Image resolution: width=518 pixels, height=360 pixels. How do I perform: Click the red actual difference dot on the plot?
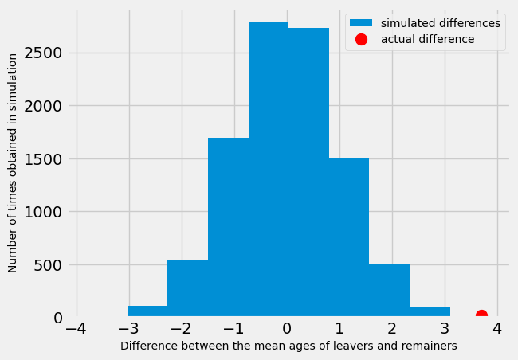(481, 316)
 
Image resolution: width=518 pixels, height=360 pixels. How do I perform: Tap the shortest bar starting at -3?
(147, 311)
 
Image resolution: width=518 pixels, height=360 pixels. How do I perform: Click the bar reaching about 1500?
(349, 239)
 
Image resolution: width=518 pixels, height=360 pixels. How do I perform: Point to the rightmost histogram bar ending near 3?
(430, 311)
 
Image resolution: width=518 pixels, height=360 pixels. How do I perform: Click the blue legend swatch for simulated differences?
(362, 23)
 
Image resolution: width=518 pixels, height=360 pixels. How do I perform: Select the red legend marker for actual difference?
(362, 39)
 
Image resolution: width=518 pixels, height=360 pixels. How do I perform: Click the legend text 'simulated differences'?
(441, 23)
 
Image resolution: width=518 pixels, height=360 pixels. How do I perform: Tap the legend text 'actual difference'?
(427, 39)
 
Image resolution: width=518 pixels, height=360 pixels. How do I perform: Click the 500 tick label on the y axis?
(48, 265)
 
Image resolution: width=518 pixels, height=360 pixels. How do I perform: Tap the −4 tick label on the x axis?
(77, 329)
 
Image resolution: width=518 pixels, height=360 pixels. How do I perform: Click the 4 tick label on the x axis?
(497, 329)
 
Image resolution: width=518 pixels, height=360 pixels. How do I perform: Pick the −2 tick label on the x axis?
(182, 329)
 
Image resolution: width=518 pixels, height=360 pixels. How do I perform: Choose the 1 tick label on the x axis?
(339, 329)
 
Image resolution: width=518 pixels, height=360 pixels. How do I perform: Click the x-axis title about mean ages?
(288, 346)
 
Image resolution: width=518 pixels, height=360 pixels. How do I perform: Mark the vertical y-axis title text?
(13, 163)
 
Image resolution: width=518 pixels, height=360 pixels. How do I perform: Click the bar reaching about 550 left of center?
(187, 288)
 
